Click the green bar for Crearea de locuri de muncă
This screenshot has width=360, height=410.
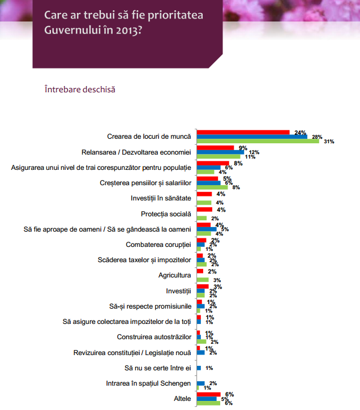[x=258, y=141]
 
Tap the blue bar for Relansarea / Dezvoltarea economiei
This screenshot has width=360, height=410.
[x=220, y=152]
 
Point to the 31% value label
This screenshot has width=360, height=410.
[x=329, y=142]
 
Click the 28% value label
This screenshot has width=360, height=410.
[x=317, y=136]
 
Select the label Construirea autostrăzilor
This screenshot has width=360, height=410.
[x=155, y=336]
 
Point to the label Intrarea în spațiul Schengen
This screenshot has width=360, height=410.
[x=149, y=383]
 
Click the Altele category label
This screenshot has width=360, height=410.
[x=182, y=399]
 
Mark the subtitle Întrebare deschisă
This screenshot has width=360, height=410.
[x=79, y=89]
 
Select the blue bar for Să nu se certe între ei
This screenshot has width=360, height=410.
[x=199, y=368]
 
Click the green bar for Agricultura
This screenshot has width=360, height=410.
[x=203, y=280]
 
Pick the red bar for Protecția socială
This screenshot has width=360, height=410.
[x=204, y=210]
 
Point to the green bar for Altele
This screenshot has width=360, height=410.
[x=208, y=403]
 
